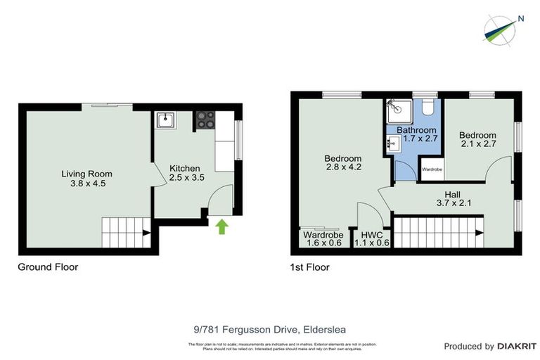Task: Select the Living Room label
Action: pos(86,174)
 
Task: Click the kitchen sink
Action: pos(166,120)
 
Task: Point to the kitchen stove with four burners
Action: pos(205,120)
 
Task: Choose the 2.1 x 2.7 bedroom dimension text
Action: pos(477,145)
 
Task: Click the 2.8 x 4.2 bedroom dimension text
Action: pos(343,167)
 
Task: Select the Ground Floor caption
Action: pos(48,267)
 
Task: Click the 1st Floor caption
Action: pos(309,267)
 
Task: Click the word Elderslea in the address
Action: pos(325,328)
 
